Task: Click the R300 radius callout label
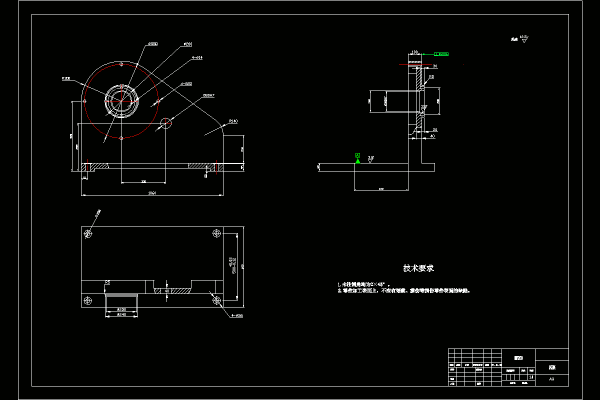click(x=66, y=78)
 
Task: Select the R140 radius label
click(x=233, y=121)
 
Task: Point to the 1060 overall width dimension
click(x=152, y=193)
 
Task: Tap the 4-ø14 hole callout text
click(x=197, y=58)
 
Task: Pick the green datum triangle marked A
click(x=357, y=160)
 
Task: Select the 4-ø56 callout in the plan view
click(x=236, y=316)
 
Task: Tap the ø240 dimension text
click(x=121, y=314)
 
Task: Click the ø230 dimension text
click(x=121, y=309)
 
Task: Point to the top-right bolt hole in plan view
click(x=217, y=233)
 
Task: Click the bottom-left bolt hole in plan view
click(x=88, y=300)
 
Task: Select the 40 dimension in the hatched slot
click(x=167, y=290)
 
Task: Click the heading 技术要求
click(x=418, y=268)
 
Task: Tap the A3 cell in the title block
click(x=551, y=379)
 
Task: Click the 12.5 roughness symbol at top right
click(x=523, y=38)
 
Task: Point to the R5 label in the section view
click(x=431, y=77)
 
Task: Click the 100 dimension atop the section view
click(x=414, y=51)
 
